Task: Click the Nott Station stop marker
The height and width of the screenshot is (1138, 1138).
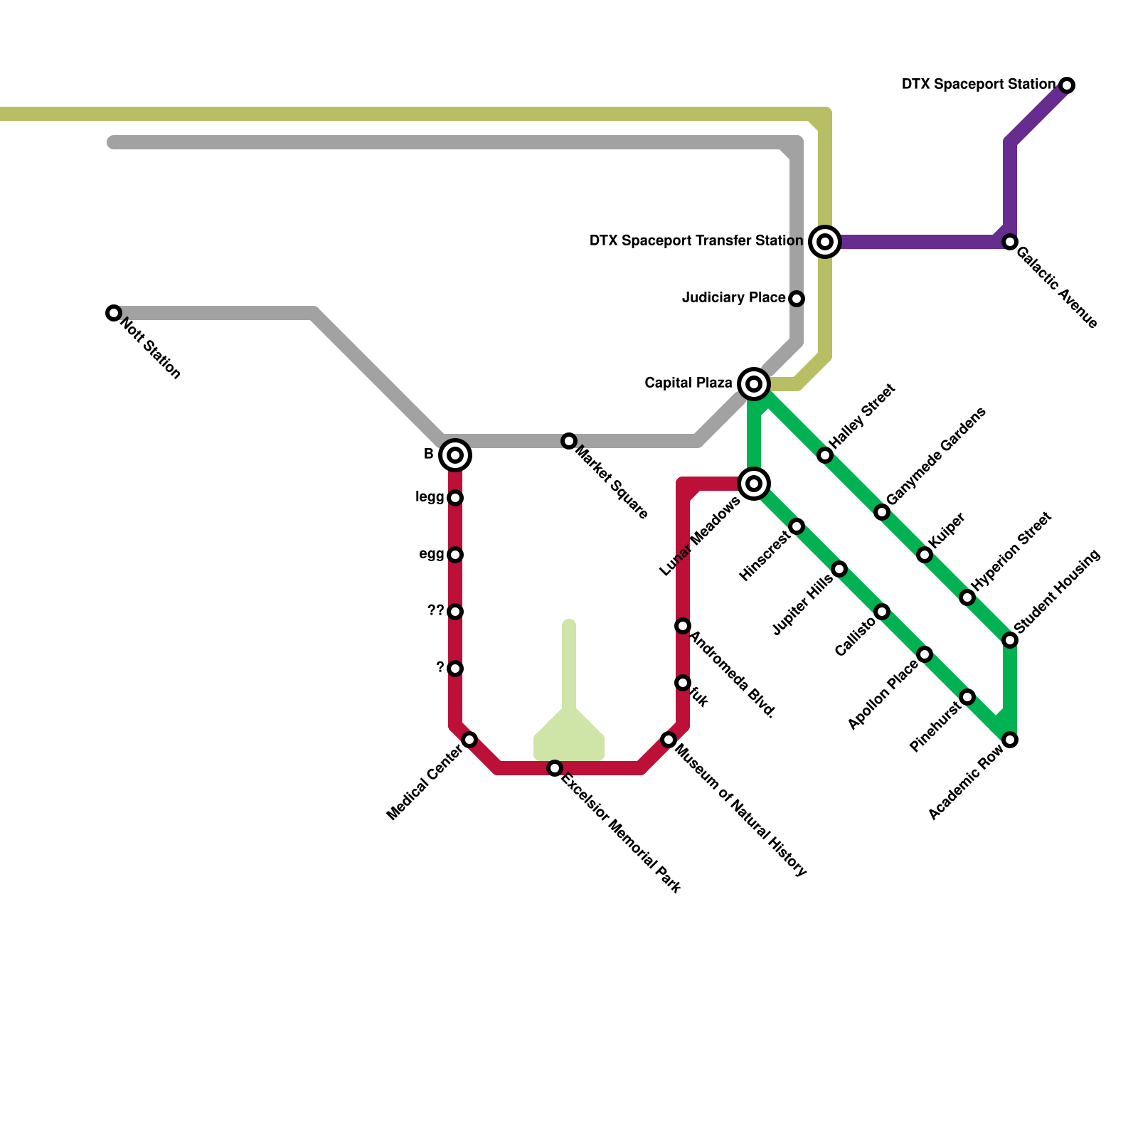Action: point(114,313)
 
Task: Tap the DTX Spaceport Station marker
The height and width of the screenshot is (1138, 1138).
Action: point(1067,85)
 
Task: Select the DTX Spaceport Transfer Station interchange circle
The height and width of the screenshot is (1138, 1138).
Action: point(825,242)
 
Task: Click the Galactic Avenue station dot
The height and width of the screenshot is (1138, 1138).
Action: point(1010,242)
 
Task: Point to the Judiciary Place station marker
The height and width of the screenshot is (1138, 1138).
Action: point(797,299)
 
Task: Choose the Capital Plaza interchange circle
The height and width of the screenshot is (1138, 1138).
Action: point(754,384)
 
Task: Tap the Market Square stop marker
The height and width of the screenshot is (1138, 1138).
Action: point(569,441)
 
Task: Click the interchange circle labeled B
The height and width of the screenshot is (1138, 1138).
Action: point(455,455)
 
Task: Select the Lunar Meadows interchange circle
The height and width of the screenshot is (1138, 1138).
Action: point(754,484)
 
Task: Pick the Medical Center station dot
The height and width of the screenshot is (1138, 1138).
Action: point(469,740)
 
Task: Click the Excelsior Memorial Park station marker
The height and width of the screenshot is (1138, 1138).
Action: point(555,768)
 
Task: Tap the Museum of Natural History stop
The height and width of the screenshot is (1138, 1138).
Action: point(669,740)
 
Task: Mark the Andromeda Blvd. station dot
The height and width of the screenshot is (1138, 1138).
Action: point(683,626)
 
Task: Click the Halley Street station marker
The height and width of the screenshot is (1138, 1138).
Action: point(825,455)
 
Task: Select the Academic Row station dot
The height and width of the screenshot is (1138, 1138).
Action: point(1010,740)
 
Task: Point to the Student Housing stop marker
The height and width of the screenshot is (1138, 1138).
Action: point(1010,640)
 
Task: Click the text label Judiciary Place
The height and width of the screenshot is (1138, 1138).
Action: point(733,297)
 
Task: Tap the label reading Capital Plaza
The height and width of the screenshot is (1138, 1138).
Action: point(688,383)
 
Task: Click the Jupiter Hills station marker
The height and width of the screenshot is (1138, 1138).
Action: point(839,569)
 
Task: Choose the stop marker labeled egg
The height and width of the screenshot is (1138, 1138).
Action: point(455,555)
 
